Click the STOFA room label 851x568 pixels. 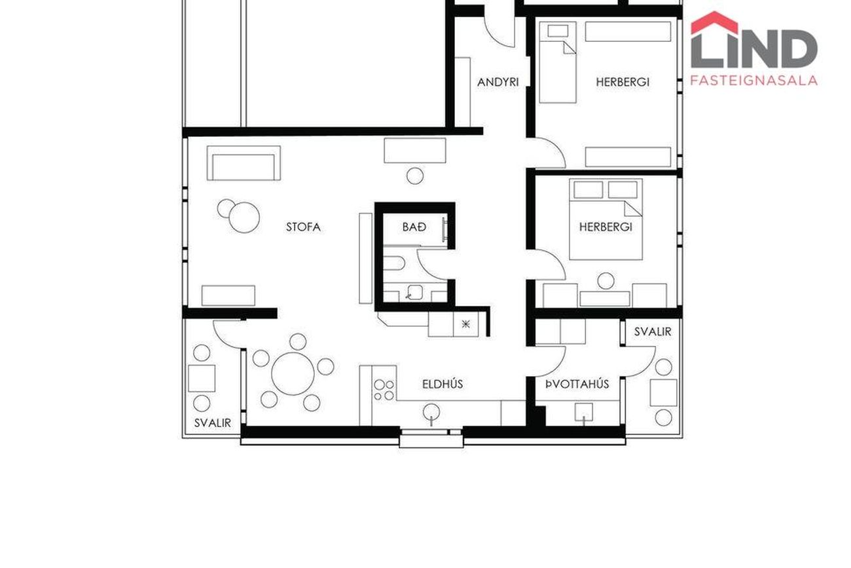303,227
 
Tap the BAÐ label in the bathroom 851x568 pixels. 414,227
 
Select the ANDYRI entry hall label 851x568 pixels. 498,82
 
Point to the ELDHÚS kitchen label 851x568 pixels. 443,384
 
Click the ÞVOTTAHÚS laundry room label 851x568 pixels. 577,385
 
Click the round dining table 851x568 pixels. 293,374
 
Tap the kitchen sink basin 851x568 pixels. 431,411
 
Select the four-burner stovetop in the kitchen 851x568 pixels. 384,390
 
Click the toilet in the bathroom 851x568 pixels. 393,263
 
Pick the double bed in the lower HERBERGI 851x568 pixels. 606,219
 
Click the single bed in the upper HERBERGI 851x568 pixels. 558,62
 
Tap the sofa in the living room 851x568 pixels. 244,163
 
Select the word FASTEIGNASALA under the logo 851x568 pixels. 753,80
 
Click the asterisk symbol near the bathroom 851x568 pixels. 466,324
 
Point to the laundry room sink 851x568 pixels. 583,412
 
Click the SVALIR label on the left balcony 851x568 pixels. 212,423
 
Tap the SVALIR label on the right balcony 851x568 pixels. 653,332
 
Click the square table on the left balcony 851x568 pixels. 202,379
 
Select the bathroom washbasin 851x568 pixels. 414,293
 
